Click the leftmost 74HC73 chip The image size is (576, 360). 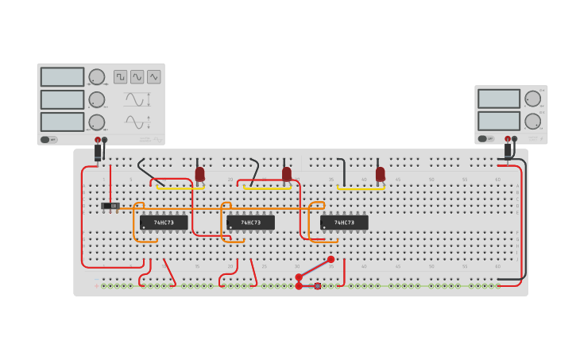click(x=164, y=223)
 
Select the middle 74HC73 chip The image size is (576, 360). click(x=250, y=223)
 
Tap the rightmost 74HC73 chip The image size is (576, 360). click(x=344, y=223)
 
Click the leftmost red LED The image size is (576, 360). click(x=199, y=173)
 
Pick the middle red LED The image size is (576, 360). click(x=287, y=173)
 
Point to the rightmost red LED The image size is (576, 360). click(x=380, y=173)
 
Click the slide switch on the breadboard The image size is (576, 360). click(x=110, y=207)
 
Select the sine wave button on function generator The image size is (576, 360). click(x=137, y=77)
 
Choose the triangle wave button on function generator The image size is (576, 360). click(x=154, y=77)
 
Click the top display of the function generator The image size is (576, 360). click(x=62, y=77)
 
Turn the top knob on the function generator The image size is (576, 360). click(x=96, y=77)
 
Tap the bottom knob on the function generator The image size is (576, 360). click(x=96, y=122)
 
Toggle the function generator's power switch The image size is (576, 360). click(x=48, y=140)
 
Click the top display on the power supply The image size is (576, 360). click(x=498, y=99)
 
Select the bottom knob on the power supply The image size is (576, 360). click(x=532, y=121)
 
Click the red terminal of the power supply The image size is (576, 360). click(x=505, y=139)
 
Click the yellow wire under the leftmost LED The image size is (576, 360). click(x=180, y=188)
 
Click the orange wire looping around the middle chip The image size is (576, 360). click(x=225, y=223)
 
